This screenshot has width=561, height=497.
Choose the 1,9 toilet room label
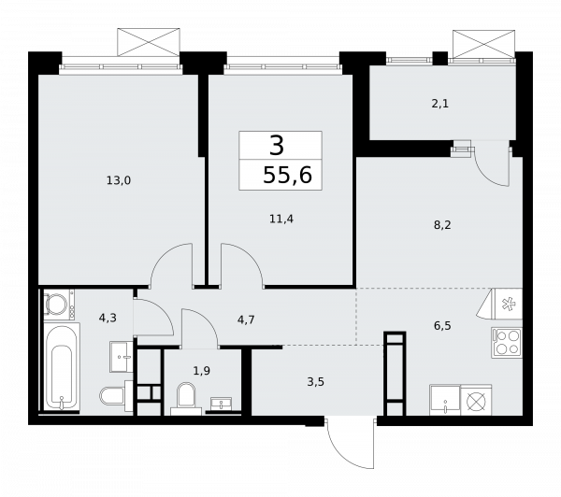[200, 370]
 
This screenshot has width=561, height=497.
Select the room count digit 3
[276, 145]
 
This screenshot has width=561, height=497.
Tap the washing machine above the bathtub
[55, 305]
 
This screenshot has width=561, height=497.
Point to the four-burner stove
[505, 343]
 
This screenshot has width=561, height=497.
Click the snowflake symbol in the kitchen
[510, 305]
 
